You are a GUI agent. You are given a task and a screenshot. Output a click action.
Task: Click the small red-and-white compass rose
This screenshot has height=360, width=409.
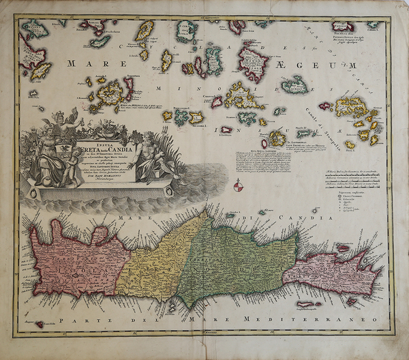(x=237, y=185)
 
